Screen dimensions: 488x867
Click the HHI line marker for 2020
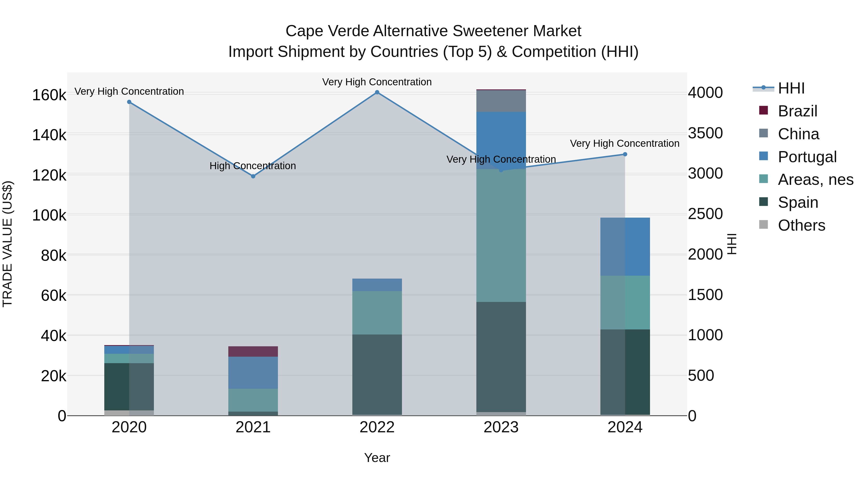point(129,102)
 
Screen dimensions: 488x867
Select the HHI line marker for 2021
point(253,176)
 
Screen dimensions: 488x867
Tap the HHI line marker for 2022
point(377,92)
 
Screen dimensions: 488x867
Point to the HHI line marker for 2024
point(625,154)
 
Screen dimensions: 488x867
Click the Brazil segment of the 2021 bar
point(253,351)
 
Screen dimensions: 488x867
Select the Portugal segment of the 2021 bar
point(253,373)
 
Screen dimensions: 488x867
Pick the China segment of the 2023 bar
point(501,101)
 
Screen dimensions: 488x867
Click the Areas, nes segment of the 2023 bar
point(501,236)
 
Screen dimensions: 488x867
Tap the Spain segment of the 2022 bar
point(377,374)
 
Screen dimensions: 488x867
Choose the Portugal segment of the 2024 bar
point(625,247)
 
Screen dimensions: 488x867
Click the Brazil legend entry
point(798,111)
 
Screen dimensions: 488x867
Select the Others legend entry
point(801,225)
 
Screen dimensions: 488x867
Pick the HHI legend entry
point(791,88)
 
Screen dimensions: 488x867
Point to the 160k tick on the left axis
point(49,95)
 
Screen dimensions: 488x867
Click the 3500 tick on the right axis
point(705,133)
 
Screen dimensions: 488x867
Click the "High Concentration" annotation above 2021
point(253,166)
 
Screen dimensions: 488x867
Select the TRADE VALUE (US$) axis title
point(7,244)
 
